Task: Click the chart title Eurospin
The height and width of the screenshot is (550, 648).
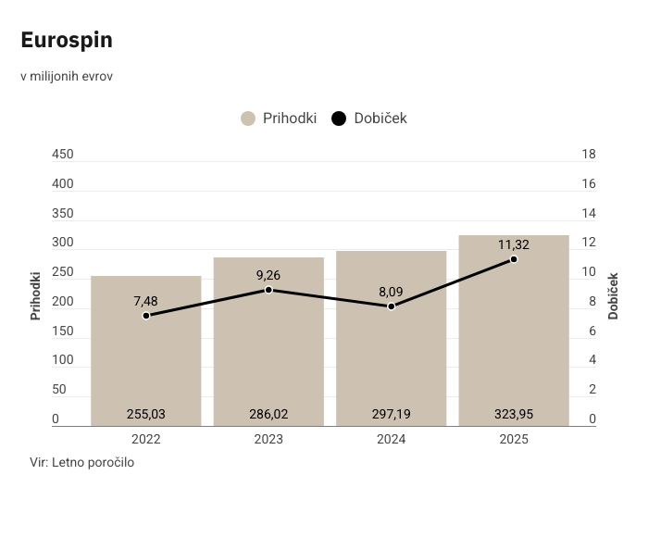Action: [x=67, y=41]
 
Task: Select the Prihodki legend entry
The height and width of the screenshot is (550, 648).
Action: [x=279, y=119]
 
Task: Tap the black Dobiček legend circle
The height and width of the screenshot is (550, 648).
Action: [x=339, y=119]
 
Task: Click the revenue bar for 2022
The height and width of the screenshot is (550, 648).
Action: [x=146, y=351]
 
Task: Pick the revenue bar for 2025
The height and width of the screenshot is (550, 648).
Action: [x=514, y=331]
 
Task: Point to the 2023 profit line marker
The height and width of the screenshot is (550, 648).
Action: [x=268, y=290]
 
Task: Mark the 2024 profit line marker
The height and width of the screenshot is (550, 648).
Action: [x=392, y=306]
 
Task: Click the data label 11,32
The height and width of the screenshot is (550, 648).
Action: [x=514, y=244]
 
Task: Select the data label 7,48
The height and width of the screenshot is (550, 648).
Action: [x=145, y=301]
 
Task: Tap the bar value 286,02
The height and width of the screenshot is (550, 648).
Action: [x=268, y=414]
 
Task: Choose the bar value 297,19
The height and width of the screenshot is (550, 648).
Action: [x=392, y=414]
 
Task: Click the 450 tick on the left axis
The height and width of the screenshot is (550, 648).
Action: [x=63, y=154]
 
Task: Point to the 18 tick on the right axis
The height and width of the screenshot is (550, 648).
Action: [x=589, y=154]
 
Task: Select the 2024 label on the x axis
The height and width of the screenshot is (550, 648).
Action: [x=392, y=439]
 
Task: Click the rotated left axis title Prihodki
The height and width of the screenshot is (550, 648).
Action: [x=35, y=296]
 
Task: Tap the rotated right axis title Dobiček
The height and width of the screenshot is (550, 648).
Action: [x=613, y=296]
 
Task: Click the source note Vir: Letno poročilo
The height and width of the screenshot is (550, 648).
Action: [x=81, y=462]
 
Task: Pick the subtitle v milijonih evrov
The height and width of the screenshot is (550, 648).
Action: [x=67, y=77]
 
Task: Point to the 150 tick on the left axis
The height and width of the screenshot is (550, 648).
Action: [x=63, y=331]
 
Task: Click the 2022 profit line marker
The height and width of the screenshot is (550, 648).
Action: [x=146, y=316]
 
